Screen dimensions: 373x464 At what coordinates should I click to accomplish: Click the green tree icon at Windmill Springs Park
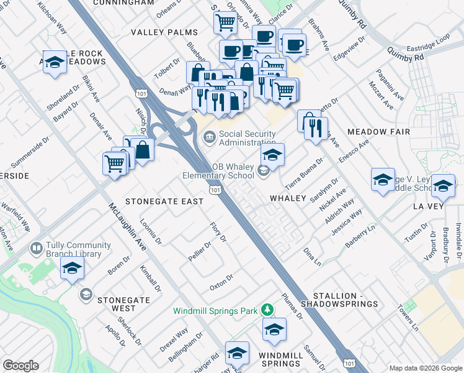point(267,309)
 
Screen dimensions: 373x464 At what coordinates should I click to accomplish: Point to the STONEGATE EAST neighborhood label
point(164,201)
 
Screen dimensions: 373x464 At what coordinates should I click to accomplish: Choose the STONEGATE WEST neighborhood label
point(124,304)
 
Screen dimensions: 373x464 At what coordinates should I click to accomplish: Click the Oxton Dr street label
point(221,282)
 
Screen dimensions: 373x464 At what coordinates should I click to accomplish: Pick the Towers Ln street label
point(409,317)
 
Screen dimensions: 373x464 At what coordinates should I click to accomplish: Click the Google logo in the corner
point(20,366)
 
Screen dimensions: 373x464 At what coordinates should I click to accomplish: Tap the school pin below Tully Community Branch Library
point(72,270)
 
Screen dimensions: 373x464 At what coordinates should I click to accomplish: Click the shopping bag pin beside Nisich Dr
point(142,150)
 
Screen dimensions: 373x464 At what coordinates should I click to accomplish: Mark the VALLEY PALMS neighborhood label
point(164,32)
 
